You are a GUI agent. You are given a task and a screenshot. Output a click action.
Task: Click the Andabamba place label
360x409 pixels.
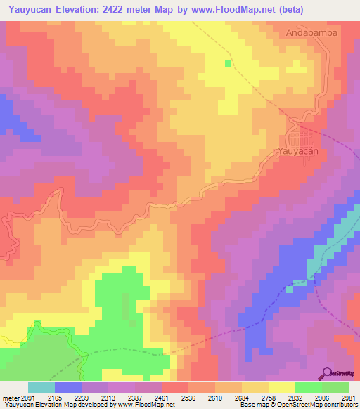pos(312,32)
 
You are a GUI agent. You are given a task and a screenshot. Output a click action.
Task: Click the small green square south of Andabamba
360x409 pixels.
pos(228,63)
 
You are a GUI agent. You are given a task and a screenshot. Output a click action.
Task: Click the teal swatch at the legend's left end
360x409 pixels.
pos(41,387)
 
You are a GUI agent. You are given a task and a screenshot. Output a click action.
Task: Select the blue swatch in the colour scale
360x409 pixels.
pos(68,387)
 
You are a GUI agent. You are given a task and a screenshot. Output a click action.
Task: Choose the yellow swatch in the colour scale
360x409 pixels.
pos(281,387)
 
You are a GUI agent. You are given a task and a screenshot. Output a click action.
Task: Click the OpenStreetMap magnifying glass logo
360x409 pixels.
pos(328,373)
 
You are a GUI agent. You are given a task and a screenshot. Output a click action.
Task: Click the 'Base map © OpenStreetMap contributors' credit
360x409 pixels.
pos(297,405)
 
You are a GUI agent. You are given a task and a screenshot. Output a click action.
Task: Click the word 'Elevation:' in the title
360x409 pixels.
pos(81,10)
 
